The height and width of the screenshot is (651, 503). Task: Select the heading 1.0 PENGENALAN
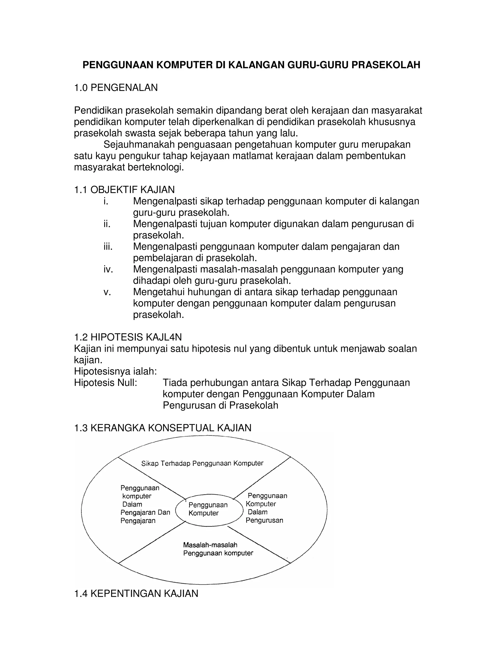click(x=116, y=88)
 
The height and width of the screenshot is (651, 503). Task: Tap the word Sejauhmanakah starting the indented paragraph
click(x=139, y=144)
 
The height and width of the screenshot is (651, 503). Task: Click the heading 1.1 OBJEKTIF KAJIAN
click(x=124, y=190)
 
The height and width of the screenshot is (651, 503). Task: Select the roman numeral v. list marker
click(x=107, y=292)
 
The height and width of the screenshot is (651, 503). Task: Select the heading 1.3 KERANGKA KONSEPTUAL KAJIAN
click(x=162, y=428)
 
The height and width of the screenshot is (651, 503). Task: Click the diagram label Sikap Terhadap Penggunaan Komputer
click(x=202, y=463)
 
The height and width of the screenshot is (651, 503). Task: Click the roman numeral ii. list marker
click(x=107, y=224)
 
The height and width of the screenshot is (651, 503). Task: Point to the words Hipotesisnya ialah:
click(x=115, y=371)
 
